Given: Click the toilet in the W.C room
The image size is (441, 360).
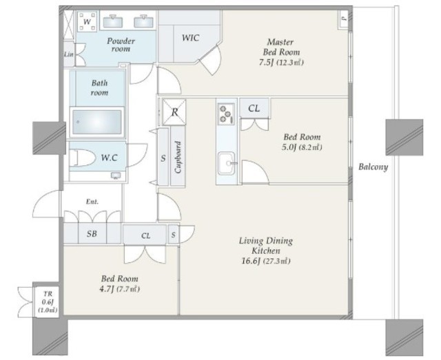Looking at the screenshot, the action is tap(83, 158).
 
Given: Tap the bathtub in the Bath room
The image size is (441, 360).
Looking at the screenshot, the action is tap(96, 122).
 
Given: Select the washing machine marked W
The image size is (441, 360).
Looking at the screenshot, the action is tap(87, 21).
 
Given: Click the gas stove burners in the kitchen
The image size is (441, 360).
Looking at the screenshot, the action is tap(226, 114).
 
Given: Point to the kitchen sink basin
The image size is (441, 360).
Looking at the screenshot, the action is tap(227, 163).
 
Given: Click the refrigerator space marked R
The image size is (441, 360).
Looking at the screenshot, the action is tap(174, 112).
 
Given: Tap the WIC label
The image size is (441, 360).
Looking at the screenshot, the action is tap(190, 38).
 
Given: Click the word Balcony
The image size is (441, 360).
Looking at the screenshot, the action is tap(373, 167).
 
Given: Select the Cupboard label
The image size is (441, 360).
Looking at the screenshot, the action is tap(178, 157).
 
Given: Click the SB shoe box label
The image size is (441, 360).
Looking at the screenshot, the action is tap(92, 233).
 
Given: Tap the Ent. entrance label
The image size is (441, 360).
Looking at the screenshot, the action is tap(92, 202).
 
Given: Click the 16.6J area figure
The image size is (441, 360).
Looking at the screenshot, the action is tap(250, 261).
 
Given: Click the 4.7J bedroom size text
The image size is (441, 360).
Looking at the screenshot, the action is tap(106, 289).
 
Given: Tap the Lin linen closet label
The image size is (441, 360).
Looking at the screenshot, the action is tap(69, 54).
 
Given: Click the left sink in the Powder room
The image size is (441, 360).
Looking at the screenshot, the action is tap(113, 22).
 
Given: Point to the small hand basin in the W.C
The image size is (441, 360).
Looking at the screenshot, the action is tap(116, 176).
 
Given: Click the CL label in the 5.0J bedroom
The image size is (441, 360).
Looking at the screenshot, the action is tap(254, 108).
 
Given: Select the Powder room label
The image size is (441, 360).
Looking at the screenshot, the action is tap(121, 45).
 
